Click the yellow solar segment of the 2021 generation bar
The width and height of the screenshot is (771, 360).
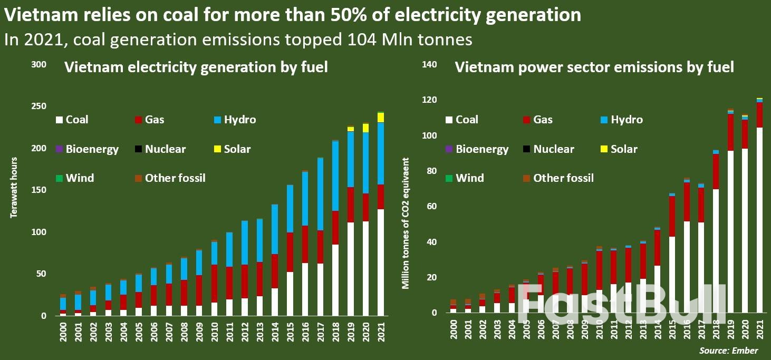click(x=381, y=117)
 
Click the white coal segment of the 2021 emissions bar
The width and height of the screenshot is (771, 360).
click(x=759, y=221)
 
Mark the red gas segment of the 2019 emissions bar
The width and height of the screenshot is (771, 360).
click(x=730, y=132)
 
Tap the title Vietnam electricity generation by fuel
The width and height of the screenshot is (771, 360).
click(x=196, y=67)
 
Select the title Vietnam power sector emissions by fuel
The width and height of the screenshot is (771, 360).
click(x=594, y=67)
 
